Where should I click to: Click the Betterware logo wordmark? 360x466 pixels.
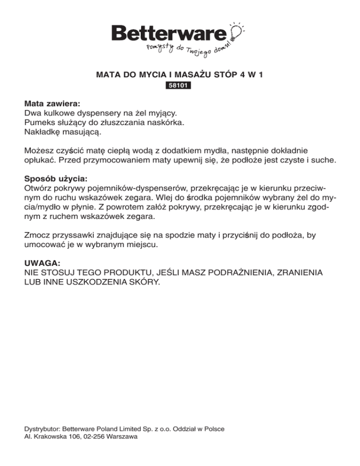pos(170,33)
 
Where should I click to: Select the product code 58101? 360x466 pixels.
pos(180,86)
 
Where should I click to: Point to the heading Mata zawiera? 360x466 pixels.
pos(52,102)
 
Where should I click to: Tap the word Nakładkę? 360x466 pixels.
pos(42,133)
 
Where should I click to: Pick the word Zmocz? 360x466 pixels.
pos(37,236)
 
